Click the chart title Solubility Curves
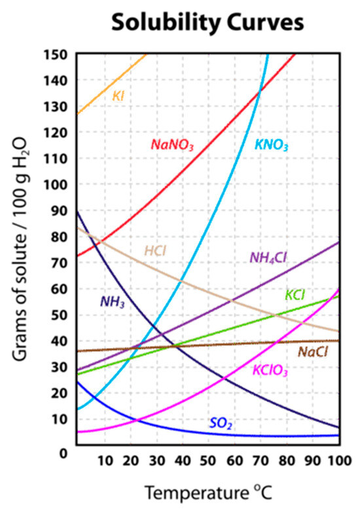coord(207,22)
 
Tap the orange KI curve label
coord(118,96)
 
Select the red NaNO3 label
coord(172,145)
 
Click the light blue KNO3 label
coord(270,145)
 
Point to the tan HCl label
coord(156,251)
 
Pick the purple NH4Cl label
coord(268,257)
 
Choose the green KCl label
coord(295,295)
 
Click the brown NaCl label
coord(312,352)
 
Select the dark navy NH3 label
coord(112,302)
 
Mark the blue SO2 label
coord(221,424)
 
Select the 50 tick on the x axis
coord(208,461)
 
